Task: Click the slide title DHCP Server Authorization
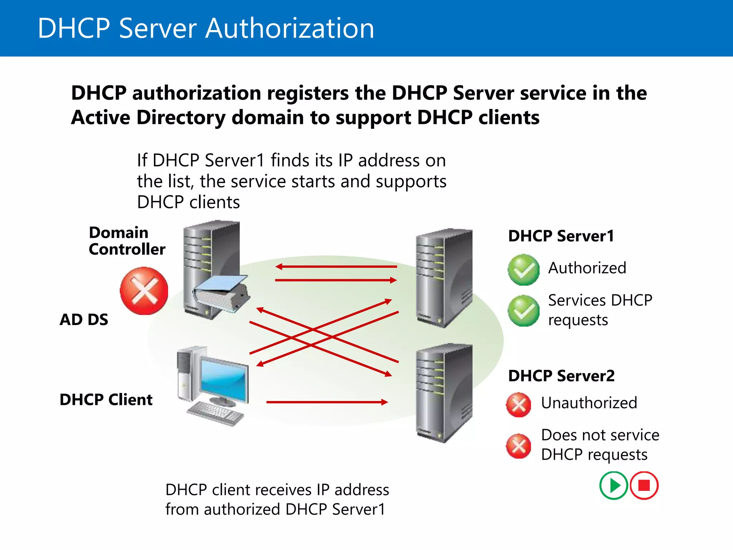[206, 28]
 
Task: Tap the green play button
[613, 486]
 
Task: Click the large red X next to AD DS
[144, 291]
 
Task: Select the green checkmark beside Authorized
[523, 270]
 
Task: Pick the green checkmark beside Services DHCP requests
[523, 310]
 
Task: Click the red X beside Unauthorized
[518, 405]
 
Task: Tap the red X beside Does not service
[518, 446]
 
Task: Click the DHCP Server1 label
[561, 236]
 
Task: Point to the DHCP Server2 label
[561, 376]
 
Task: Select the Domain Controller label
[127, 241]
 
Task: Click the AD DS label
[84, 319]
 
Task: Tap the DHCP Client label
[106, 400]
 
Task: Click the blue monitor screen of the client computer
[224, 380]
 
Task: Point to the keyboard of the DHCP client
[215, 414]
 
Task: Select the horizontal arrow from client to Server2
[326, 402]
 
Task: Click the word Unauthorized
[589, 403]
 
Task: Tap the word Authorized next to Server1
[587, 268]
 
